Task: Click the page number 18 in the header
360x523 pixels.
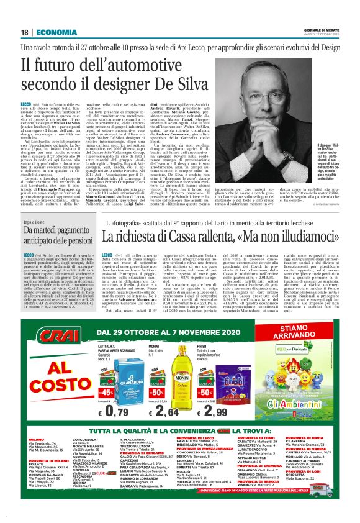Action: [24, 32]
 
